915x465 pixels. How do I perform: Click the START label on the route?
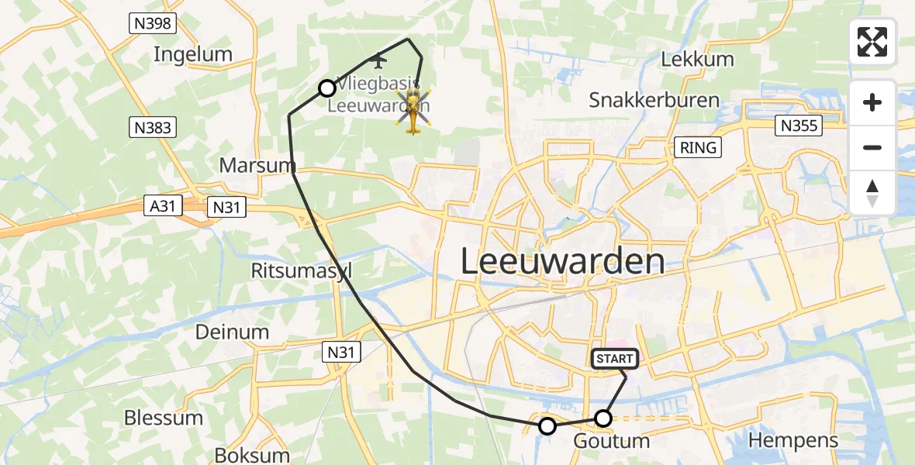tap(615, 359)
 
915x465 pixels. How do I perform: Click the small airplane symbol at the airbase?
tap(378, 60)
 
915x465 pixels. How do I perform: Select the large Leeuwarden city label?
tap(562, 262)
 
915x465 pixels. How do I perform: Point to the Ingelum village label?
tap(193, 54)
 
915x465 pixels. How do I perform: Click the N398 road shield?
tap(152, 24)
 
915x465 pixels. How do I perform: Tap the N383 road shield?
tap(152, 127)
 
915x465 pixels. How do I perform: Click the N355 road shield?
tap(799, 126)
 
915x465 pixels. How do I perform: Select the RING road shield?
tap(699, 147)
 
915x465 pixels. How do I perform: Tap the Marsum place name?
tap(257, 165)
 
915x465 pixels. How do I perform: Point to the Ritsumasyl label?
tap(302, 270)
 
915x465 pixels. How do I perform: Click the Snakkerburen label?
tap(654, 100)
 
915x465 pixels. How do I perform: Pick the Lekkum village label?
tap(697, 60)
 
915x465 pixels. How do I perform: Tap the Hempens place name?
tap(793, 441)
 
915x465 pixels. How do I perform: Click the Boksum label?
tap(252, 455)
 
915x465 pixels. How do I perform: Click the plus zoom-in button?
tap(872, 102)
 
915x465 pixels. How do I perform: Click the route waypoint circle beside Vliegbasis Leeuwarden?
tap(327, 88)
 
